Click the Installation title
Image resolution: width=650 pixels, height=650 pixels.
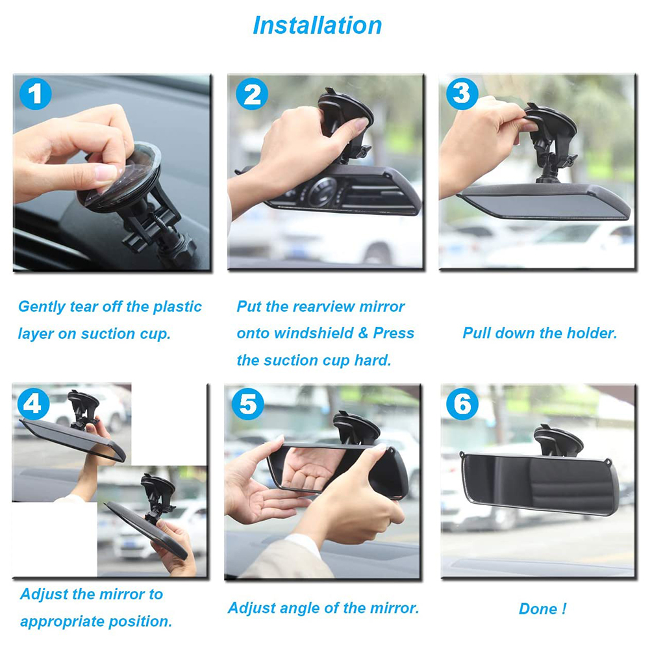tap(317, 25)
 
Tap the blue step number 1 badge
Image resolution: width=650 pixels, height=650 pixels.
tap(35, 95)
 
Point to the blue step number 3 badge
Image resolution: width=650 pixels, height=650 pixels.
tap(462, 94)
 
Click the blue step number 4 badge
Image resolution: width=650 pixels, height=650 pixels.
tap(34, 405)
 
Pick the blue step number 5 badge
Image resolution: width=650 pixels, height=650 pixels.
tap(247, 405)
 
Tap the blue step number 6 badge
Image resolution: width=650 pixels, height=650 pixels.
tap(462, 405)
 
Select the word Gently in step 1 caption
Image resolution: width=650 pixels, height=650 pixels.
tap(42, 306)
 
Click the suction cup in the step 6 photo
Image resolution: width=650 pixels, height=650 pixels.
tap(558, 440)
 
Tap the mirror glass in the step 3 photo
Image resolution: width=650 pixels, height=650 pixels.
tap(539, 205)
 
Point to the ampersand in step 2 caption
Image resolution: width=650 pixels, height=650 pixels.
tap(364, 333)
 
